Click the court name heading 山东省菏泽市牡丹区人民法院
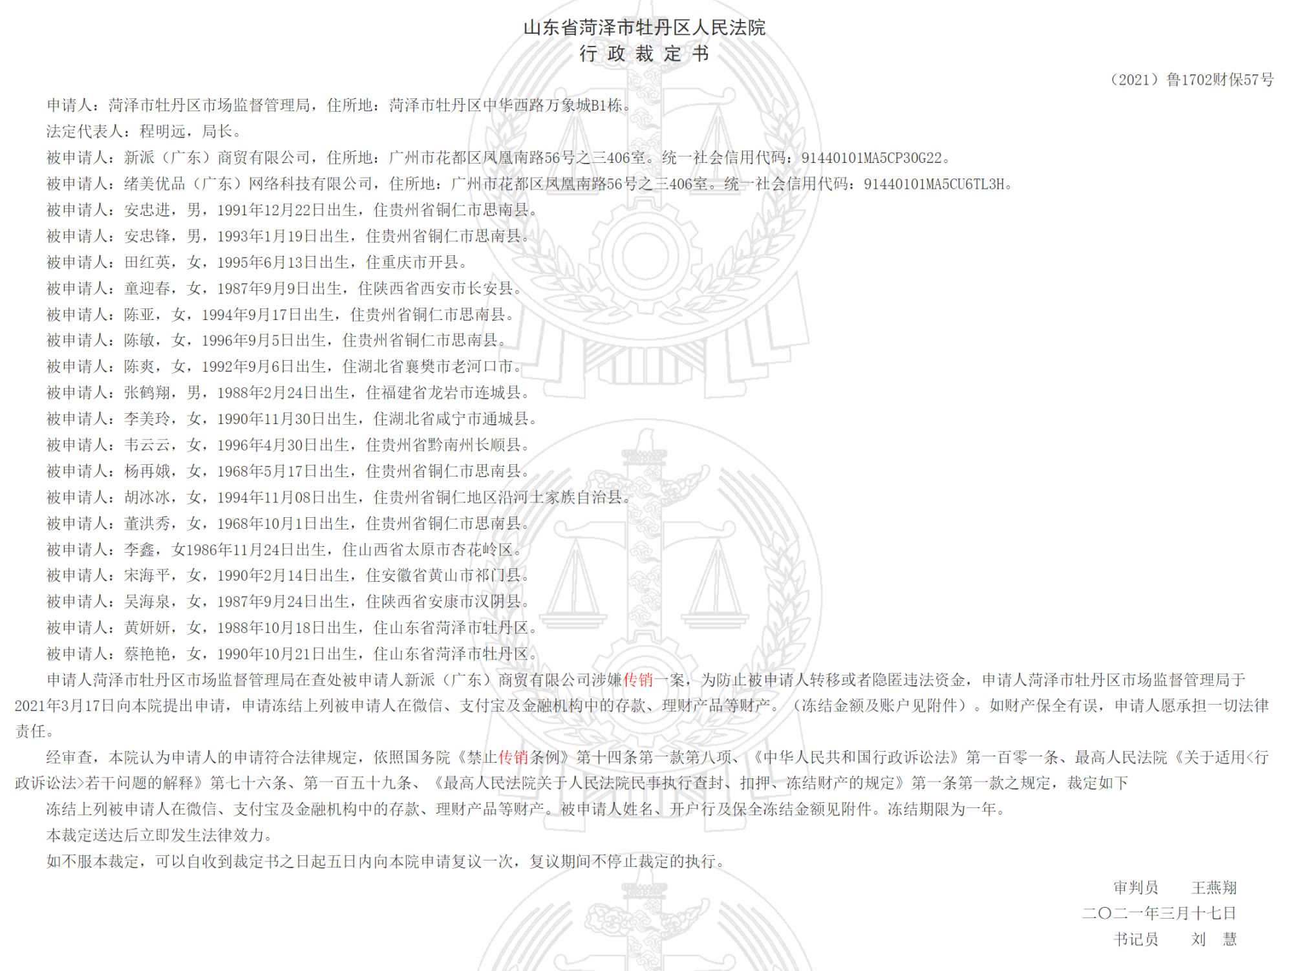(644, 28)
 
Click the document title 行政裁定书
(644, 54)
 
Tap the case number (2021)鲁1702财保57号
(1191, 80)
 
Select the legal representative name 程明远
(163, 131)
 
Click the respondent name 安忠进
(147, 210)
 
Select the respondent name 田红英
(147, 262)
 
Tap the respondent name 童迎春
(147, 288)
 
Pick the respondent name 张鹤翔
(147, 393)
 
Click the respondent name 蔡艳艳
(147, 654)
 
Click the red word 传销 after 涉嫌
(638, 680)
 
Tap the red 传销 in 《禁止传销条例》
(513, 757)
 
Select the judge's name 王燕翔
(1213, 888)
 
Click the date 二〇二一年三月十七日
(1159, 913)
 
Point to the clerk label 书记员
(1135, 939)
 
